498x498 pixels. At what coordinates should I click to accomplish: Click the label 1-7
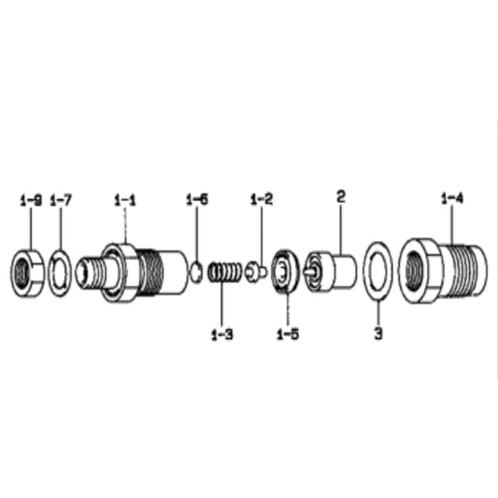click(x=61, y=201)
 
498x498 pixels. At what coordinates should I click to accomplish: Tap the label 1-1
click(x=125, y=201)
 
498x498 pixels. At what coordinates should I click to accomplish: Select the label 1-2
click(x=262, y=199)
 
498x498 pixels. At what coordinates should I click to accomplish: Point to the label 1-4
click(x=452, y=198)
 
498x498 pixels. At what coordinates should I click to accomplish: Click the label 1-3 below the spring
click(x=222, y=334)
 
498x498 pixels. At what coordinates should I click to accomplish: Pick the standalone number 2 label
click(x=340, y=197)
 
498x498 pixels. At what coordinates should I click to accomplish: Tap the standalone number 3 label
click(x=378, y=334)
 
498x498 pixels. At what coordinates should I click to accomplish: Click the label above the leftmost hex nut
click(x=31, y=201)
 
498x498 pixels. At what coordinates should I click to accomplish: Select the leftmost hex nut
click(x=27, y=274)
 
